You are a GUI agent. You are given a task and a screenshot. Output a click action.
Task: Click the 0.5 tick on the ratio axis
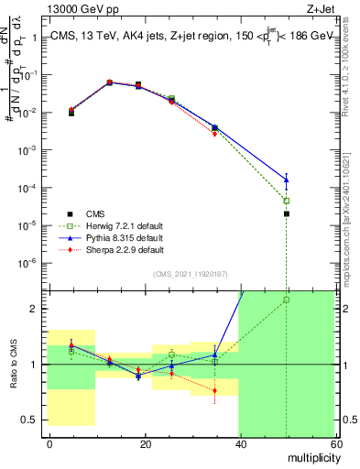tap(30, 420)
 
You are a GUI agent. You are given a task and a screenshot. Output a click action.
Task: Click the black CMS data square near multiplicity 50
tap(286, 213)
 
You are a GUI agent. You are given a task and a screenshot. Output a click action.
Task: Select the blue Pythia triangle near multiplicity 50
tap(286, 179)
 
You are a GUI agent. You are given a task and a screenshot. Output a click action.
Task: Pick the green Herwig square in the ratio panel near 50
tap(286, 300)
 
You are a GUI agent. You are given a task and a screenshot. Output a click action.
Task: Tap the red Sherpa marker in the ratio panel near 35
tap(214, 391)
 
